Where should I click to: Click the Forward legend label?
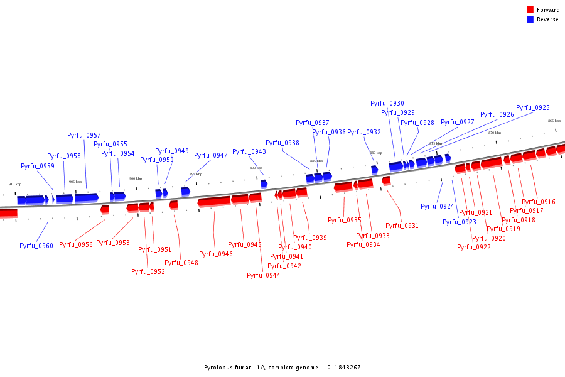548,10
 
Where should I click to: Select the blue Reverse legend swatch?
530,19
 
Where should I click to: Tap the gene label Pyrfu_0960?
36,246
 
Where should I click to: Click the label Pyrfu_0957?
84,136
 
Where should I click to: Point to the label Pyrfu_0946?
216,254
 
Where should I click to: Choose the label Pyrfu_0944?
264,275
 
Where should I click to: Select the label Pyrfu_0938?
282,143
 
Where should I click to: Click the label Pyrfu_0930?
387,103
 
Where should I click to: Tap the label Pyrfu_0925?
533,108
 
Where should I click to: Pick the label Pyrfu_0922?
474,247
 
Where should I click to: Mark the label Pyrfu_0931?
402,226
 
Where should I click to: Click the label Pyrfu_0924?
438,206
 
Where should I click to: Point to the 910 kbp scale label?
15,184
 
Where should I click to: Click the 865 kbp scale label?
554,121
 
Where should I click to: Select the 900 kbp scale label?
136,178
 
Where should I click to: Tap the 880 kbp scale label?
376,153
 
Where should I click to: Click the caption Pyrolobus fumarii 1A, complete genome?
282,367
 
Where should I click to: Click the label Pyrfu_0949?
172,151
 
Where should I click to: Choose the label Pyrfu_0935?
345,220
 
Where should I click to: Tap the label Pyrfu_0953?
113,243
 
